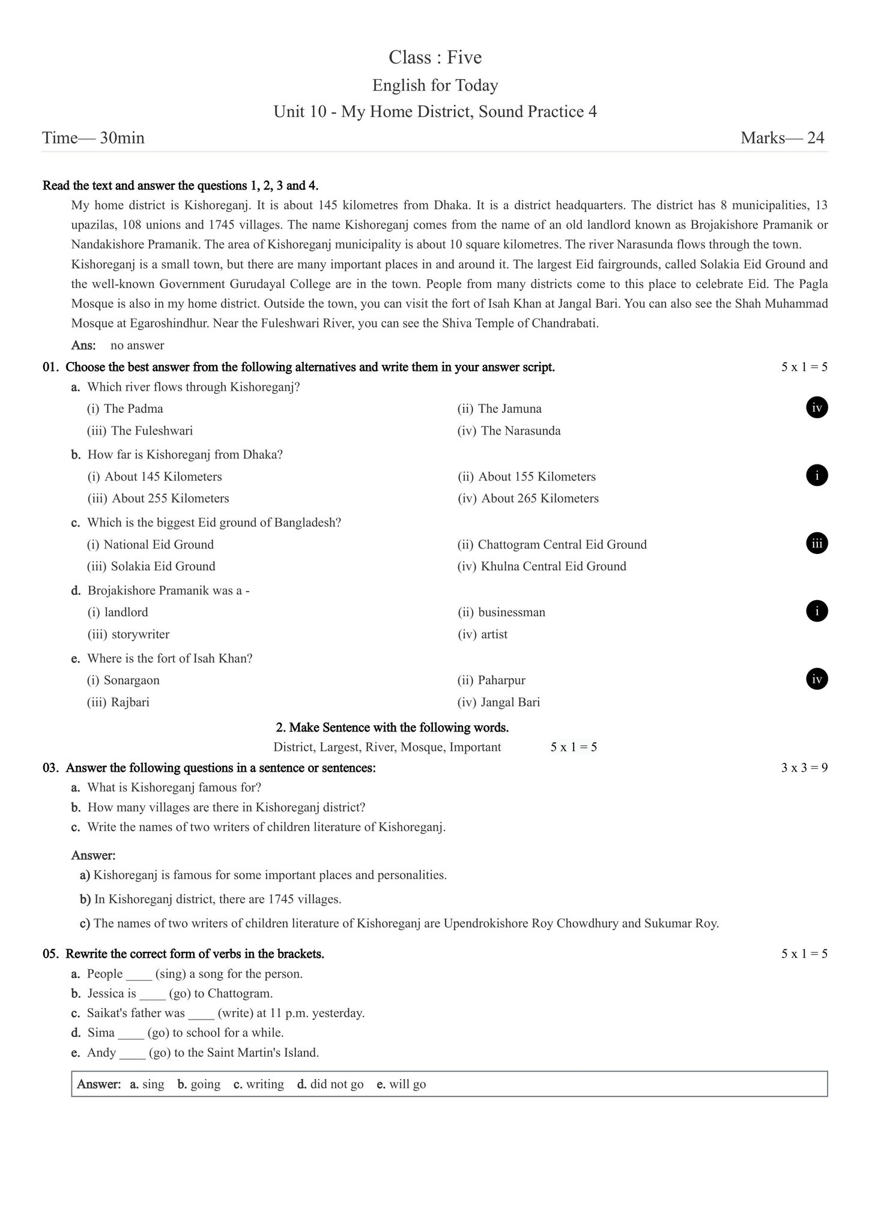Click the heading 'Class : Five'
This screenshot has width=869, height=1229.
click(x=435, y=58)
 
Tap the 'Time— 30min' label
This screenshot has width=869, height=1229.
click(x=93, y=138)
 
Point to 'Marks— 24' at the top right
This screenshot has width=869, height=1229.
click(x=782, y=138)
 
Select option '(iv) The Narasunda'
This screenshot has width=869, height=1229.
click(x=509, y=431)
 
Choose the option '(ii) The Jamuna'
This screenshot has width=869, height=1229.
click(x=499, y=409)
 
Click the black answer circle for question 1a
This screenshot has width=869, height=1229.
click(x=816, y=408)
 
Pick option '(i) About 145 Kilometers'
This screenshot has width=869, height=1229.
click(x=154, y=477)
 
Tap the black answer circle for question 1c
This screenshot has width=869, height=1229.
click(x=816, y=544)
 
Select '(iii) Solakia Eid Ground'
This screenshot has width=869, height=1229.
click(x=151, y=566)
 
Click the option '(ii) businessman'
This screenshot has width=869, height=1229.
click(x=501, y=613)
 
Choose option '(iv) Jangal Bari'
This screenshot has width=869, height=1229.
click(x=498, y=702)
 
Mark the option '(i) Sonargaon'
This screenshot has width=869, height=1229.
click(x=123, y=681)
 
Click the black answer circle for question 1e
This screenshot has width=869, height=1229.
click(x=816, y=679)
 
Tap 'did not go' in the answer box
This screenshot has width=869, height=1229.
click(x=336, y=1084)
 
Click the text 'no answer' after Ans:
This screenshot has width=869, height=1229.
click(x=137, y=346)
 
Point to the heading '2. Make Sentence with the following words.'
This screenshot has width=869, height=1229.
click(x=392, y=728)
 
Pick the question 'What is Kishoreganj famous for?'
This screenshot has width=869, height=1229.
click(x=174, y=787)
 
